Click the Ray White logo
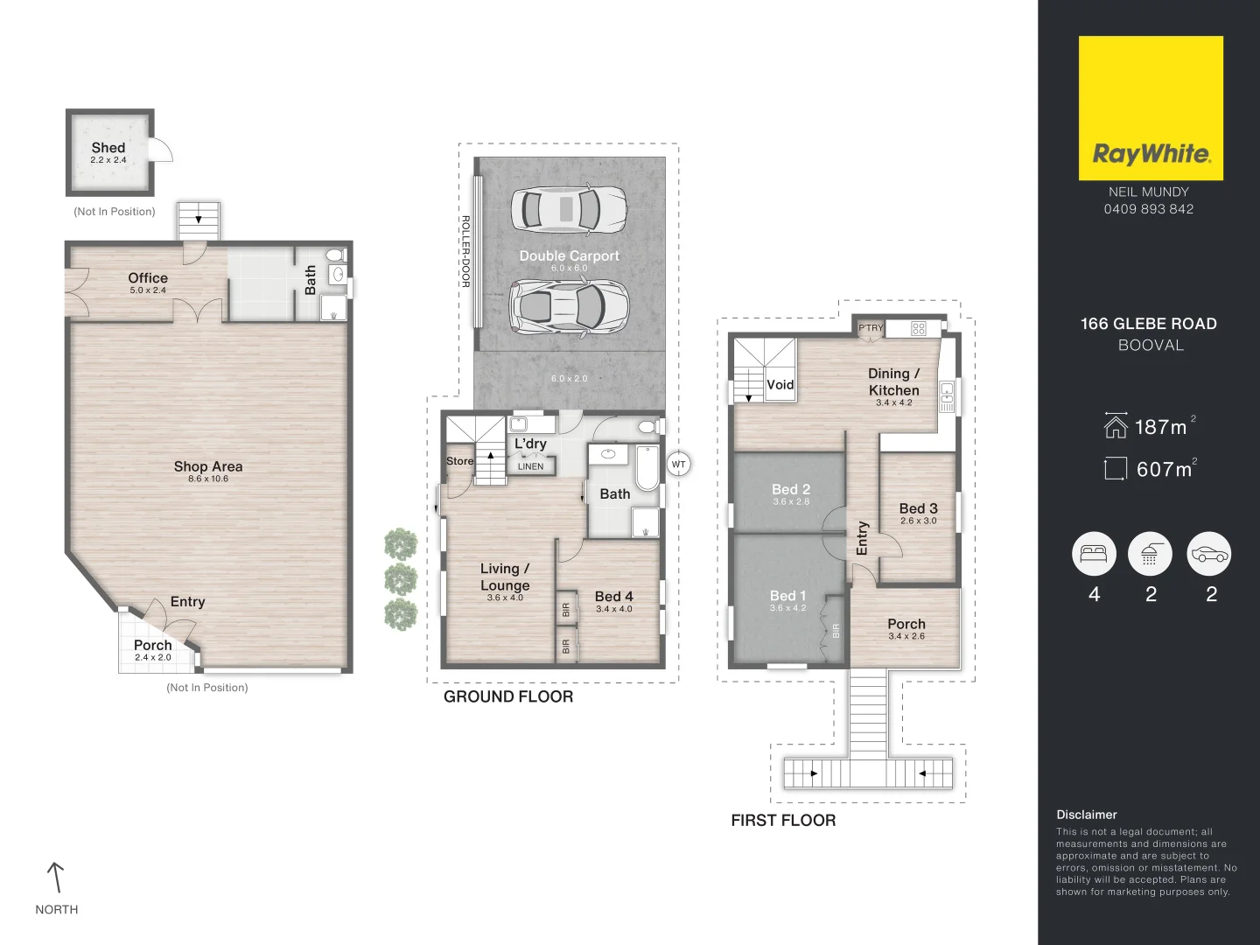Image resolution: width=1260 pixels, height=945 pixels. coord(1151,108)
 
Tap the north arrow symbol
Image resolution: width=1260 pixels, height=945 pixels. coord(56,878)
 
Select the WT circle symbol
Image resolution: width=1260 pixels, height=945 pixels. coord(678,464)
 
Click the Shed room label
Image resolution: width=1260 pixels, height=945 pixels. coord(108,148)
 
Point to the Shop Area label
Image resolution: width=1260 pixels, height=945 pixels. coord(208,466)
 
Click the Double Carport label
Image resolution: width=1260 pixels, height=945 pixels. coord(570,255)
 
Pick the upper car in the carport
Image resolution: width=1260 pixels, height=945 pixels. coord(569,209)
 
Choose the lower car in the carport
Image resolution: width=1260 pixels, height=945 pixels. coord(569,306)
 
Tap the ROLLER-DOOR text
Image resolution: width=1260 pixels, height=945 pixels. coord(465,251)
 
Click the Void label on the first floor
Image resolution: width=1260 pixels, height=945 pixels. coord(780,384)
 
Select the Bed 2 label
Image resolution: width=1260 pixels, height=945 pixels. coord(791,489)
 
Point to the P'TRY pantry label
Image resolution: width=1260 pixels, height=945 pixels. coord(871,327)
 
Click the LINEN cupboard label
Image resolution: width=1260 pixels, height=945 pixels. coord(530,466)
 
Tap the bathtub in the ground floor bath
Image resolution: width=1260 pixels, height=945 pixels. coord(647,467)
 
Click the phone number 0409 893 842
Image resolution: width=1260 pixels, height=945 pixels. coord(1149,209)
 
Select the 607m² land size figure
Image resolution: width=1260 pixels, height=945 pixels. coord(1165,469)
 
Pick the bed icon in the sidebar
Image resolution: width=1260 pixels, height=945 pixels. coord(1094,554)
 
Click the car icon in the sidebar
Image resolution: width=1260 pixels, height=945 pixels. coord(1209,554)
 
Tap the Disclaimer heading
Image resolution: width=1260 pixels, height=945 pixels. coord(1087,815)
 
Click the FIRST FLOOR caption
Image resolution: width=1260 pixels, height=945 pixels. coord(783,821)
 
